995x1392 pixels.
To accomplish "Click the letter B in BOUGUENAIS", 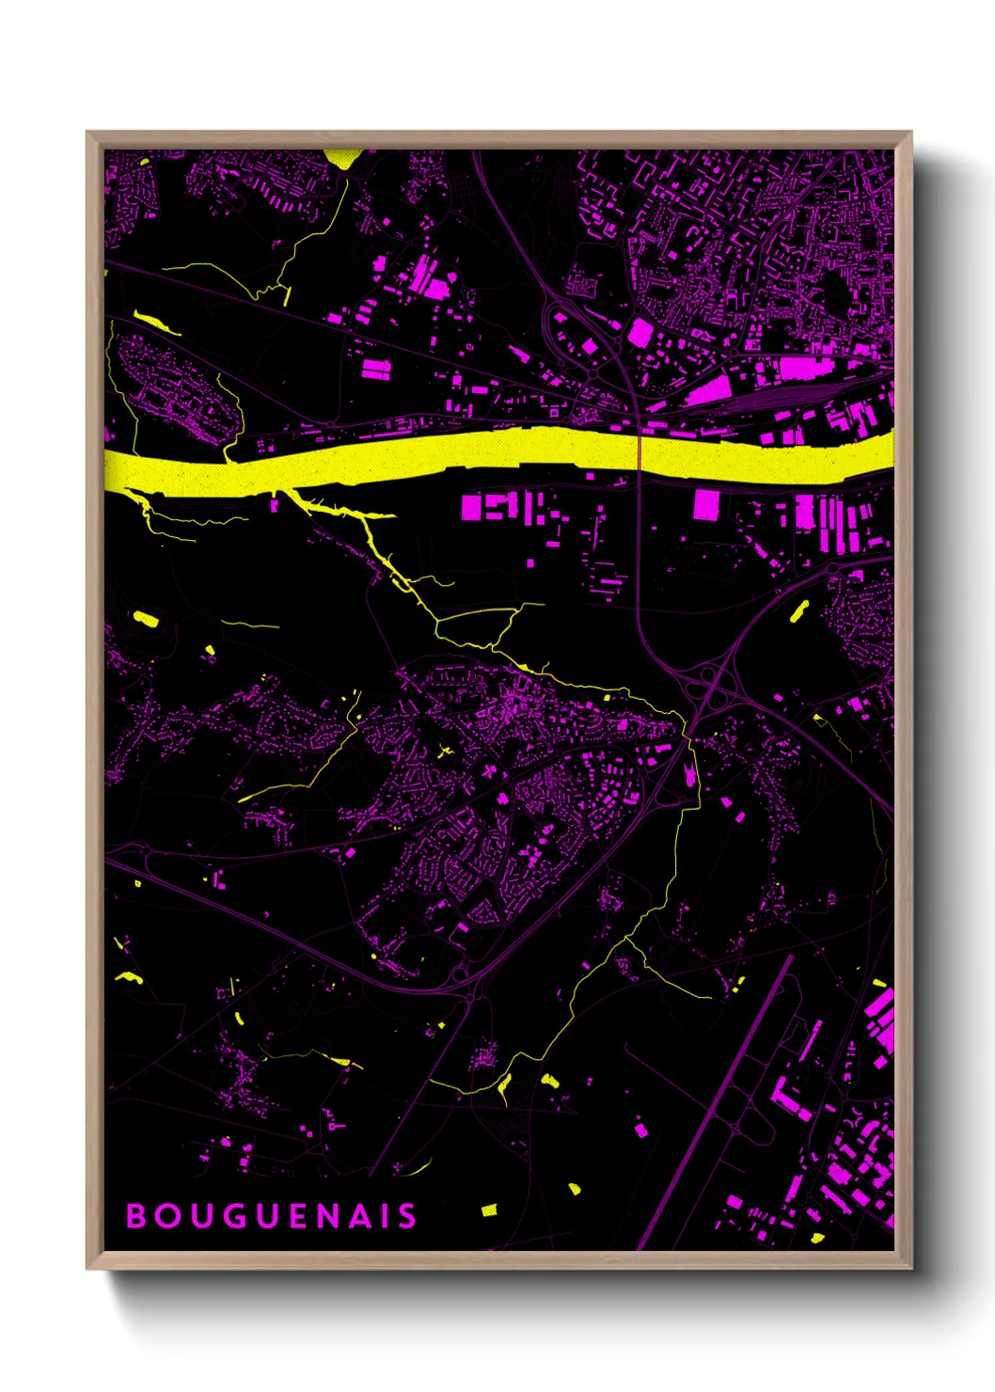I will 135,1216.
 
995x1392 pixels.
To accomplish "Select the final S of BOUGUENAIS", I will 407,1216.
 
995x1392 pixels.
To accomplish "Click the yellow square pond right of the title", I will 489,1210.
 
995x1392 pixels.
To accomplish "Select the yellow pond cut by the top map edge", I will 342,157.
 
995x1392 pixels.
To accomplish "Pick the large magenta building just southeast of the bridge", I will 706,504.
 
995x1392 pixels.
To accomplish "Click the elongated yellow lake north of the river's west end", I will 156,323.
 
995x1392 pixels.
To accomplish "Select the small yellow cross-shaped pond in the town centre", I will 446,751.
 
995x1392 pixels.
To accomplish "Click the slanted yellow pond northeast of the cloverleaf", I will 799,611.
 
